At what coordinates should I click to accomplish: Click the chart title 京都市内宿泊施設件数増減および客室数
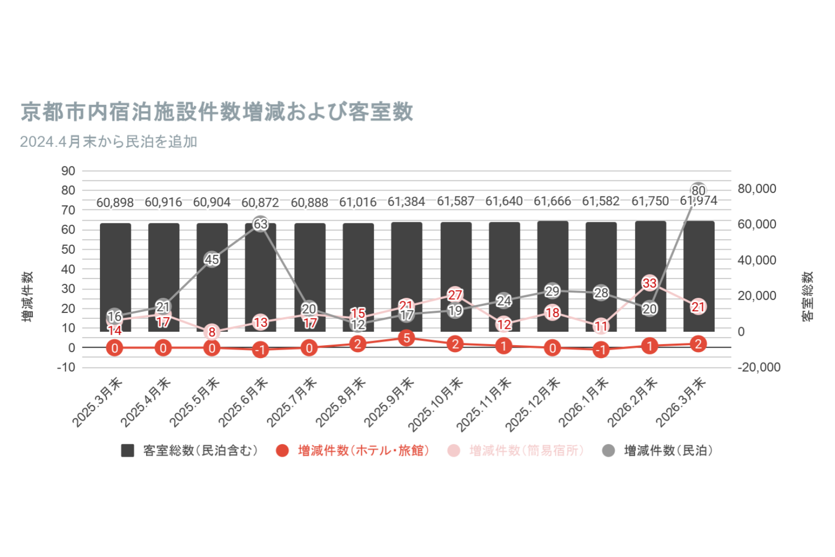coord(217,112)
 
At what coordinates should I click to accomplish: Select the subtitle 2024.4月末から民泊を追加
coord(109,142)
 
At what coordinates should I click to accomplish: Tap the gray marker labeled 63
coord(260,224)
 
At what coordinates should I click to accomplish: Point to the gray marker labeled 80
coord(698,190)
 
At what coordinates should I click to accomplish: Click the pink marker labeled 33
coord(650,283)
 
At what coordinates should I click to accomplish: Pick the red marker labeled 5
coord(407,338)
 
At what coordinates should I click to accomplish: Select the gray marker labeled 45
coord(212,259)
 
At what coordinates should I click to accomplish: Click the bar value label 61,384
coord(406,202)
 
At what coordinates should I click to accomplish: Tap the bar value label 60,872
coord(260,202)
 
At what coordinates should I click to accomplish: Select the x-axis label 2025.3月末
coord(97,403)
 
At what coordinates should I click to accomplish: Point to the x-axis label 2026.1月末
coord(584,403)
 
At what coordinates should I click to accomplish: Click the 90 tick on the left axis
coord(68,171)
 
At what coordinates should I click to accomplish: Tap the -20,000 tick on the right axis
coord(759,368)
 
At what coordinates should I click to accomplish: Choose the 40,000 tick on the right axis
coord(756,260)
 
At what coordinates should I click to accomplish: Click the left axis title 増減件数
coord(28,296)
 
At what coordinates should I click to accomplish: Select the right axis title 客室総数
coord(808,296)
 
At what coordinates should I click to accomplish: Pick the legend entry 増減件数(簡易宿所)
coord(526,451)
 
